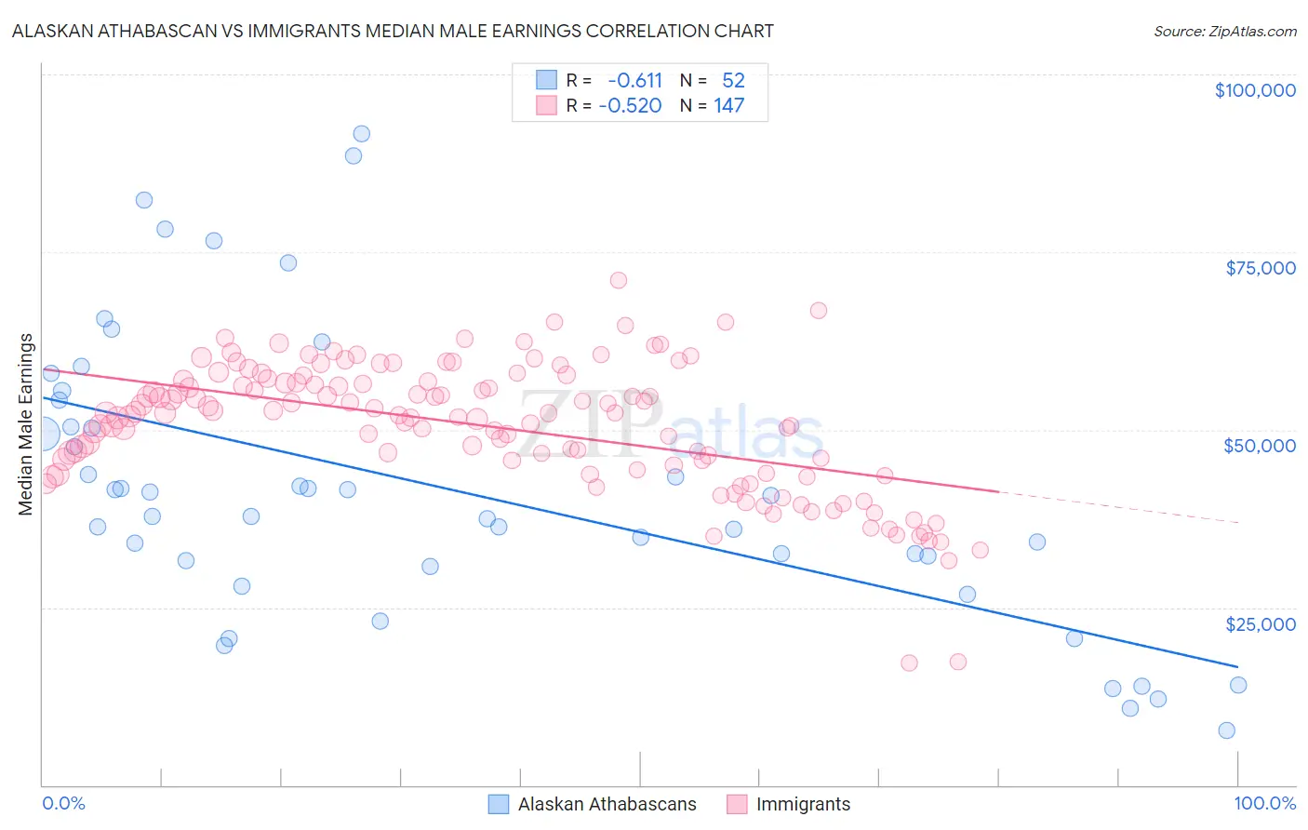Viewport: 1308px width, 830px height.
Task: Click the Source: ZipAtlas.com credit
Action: tap(1224, 31)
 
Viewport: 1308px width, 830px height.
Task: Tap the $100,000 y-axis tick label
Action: tap(1254, 90)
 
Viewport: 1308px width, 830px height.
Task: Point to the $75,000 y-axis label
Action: tap(1260, 268)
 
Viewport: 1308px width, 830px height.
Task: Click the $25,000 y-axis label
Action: tap(1260, 623)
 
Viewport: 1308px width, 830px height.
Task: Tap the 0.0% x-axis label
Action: tap(63, 803)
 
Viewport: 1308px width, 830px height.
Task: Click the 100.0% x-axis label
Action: tap(1264, 803)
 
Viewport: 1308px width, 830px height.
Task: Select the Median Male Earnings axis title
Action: tap(25, 424)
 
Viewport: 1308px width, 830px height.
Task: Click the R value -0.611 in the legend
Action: tap(634, 80)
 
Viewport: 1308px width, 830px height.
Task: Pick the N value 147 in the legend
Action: tap(728, 106)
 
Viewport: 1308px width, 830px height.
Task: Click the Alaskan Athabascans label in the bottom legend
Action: tap(607, 804)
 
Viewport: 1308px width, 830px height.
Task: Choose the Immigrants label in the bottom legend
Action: tap(803, 804)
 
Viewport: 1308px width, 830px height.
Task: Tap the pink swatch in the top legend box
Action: tap(546, 106)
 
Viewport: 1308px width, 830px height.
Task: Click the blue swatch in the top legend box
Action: tap(546, 80)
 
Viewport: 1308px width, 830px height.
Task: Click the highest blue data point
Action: tap(361, 134)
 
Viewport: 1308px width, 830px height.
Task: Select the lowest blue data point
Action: tap(1226, 730)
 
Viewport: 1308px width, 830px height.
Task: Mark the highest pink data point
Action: tap(618, 280)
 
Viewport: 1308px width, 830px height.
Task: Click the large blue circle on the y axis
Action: tap(43, 433)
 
